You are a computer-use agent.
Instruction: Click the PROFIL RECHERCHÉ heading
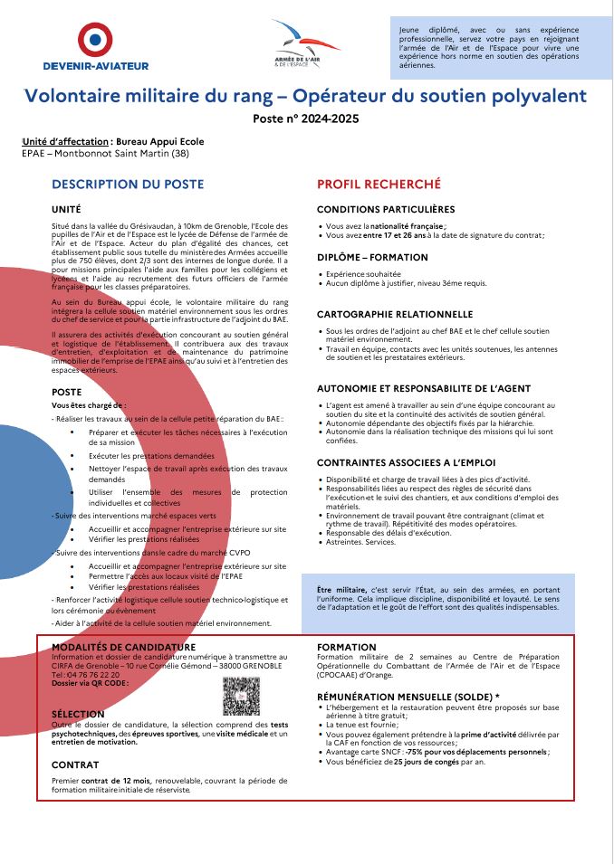pyautogui.click(x=379, y=184)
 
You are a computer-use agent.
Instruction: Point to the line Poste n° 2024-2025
pyautogui.click(x=306, y=119)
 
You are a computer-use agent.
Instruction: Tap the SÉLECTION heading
pyautogui.click(x=78, y=714)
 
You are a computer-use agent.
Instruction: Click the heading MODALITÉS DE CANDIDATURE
pyautogui.click(x=123, y=647)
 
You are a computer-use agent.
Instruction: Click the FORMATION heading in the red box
pyautogui.click(x=347, y=647)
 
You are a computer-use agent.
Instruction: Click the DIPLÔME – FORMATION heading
pyautogui.click(x=372, y=257)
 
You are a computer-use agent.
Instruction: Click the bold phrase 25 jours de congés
pyautogui.click(x=427, y=762)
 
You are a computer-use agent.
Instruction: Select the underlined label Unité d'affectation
pyautogui.click(x=64, y=141)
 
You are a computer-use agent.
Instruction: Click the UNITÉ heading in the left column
pyautogui.click(x=66, y=209)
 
